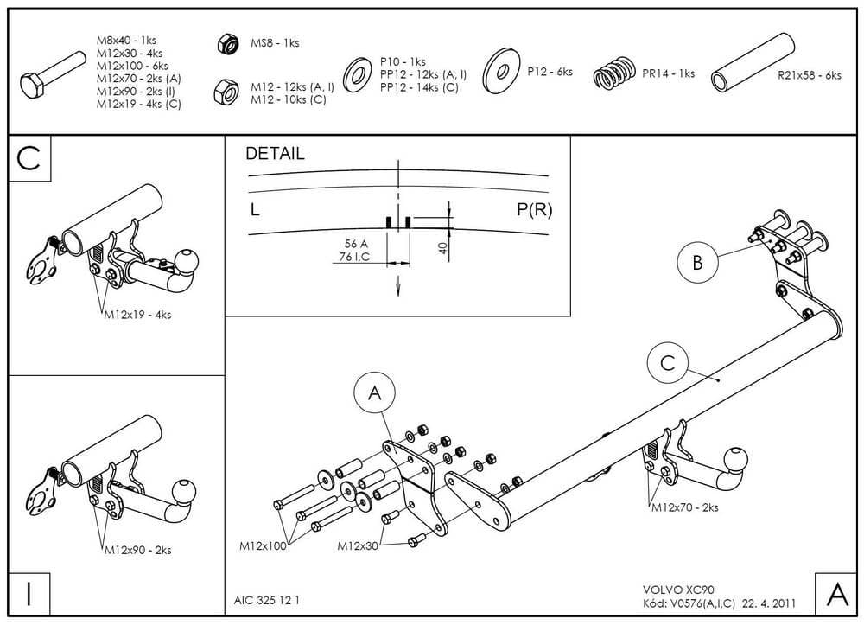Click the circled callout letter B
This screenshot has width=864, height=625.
click(x=697, y=263)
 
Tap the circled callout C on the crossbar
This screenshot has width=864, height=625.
click(x=667, y=364)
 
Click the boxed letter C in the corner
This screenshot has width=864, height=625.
click(x=29, y=158)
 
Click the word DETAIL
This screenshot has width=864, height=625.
click(x=276, y=155)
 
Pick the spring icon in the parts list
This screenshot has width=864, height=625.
click(x=615, y=73)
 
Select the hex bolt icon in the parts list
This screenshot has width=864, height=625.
click(x=51, y=78)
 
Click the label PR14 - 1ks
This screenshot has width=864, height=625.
click(x=668, y=73)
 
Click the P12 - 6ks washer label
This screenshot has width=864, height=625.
click(x=550, y=72)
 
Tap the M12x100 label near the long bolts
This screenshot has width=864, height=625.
click(x=263, y=546)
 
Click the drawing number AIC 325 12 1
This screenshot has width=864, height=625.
click(x=268, y=599)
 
